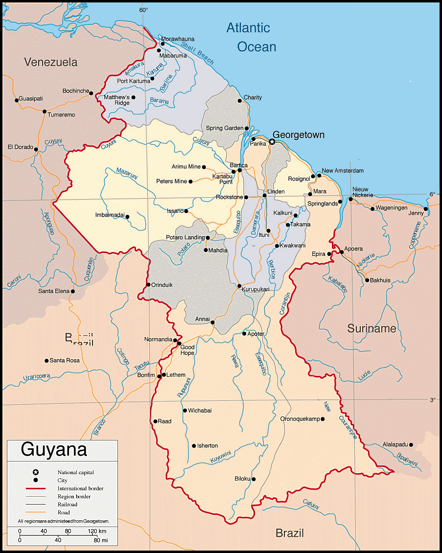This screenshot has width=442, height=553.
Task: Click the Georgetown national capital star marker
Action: tap(272, 142)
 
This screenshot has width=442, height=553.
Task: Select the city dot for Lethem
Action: tap(164, 375)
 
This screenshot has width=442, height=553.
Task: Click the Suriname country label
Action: tap(372, 328)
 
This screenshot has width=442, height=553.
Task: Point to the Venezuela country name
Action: tap(51, 62)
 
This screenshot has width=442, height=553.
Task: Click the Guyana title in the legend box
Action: tap(54, 449)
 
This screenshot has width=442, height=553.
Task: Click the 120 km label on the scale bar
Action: tap(96, 531)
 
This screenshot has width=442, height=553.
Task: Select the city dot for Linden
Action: tap(264, 195)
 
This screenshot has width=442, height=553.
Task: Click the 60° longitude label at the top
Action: tap(143, 10)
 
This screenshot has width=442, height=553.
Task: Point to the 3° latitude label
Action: tap(432, 400)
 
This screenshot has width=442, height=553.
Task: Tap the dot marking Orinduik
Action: tap(148, 285)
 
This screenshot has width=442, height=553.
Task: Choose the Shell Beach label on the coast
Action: tap(197, 53)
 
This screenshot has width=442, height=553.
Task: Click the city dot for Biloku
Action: tap(254, 479)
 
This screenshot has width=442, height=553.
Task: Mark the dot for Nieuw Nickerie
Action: tap(350, 199)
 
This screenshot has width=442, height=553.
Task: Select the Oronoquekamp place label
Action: tap(300, 419)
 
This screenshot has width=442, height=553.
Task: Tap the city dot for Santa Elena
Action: tap(72, 291)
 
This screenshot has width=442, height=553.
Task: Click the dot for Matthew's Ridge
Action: tap(133, 97)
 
